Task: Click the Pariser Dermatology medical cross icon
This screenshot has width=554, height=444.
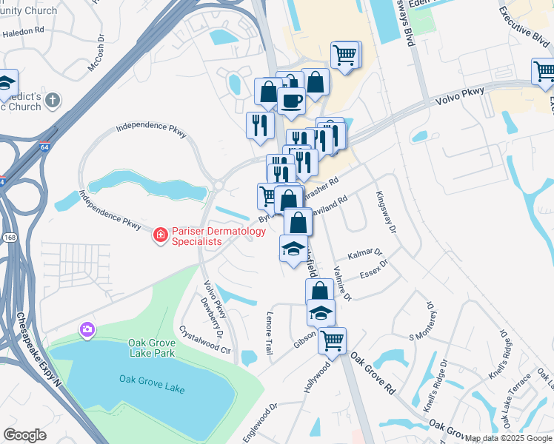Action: [159, 236]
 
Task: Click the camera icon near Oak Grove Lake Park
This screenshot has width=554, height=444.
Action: [87, 329]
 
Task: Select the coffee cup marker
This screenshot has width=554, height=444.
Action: [291, 101]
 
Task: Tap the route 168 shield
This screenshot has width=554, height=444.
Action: [10, 238]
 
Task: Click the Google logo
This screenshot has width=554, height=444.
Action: [25, 435]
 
